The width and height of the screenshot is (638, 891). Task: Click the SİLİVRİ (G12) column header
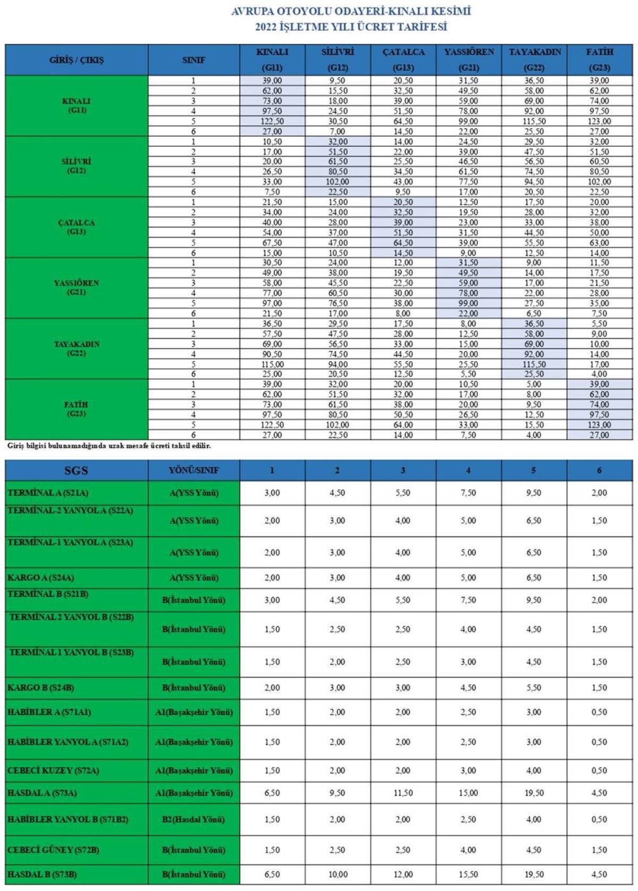coord(338,60)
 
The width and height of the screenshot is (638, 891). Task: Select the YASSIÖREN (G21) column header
coord(469,60)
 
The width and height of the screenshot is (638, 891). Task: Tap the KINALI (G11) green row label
coord(77,105)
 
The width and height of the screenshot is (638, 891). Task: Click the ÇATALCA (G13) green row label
coord(77,227)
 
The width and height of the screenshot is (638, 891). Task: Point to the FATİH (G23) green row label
coord(77,409)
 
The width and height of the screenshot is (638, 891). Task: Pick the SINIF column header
coord(194,60)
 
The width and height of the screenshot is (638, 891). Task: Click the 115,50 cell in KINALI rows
coord(534,121)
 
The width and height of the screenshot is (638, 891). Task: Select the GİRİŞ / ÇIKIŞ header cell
coord(77,60)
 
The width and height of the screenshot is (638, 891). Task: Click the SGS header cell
coord(77,471)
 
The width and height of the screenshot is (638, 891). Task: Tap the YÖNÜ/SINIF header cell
coord(194,471)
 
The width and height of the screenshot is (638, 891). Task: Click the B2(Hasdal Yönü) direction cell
coord(194,820)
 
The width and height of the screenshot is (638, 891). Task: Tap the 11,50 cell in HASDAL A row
coord(403,793)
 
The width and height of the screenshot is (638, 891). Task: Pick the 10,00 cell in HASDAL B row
coord(338,875)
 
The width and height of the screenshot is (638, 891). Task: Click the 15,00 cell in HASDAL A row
coord(468,793)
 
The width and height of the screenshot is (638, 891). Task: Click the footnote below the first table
coord(108,446)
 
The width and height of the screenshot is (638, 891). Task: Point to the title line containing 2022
coord(350,27)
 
